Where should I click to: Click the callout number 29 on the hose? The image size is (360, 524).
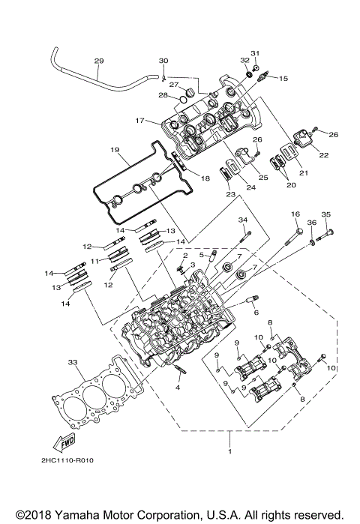[x=98, y=61]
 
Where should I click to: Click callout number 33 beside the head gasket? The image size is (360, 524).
[x=73, y=362]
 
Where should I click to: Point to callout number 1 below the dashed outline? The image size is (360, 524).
[x=230, y=454]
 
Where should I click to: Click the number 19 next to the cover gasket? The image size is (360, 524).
[x=115, y=149]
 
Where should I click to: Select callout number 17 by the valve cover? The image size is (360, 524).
[x=139, y=120]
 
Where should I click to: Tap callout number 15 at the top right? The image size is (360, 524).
[x=283, y=78]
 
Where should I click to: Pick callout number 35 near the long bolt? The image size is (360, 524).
[x=326, y=214]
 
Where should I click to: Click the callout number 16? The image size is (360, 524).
[x=295, y=214]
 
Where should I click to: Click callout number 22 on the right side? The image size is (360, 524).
[x=324, y=155]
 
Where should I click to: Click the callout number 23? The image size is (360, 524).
[x=230, y=194]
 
